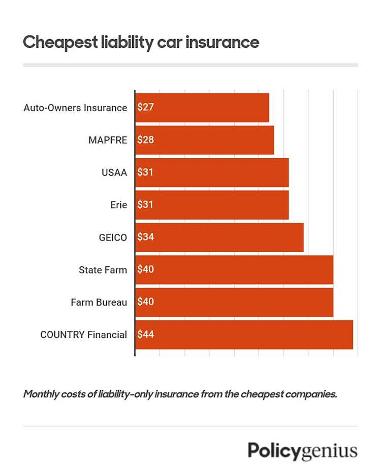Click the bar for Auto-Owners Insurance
click(x=202, y=108)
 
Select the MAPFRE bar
click(x=205, y=140)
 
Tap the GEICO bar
click(x=219, y=237)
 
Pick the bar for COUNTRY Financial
click(x=244, y=334)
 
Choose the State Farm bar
click(x=234, y=270)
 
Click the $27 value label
click(x=145, y=108)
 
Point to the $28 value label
click(x=145, y=140)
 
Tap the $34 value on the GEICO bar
click(x=145, y=237)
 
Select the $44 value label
click(x=145, y=334)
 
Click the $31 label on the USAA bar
click(x=145, y=173)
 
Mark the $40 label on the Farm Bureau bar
click(x=145, y=302)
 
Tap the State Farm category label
click(x=103, y=270)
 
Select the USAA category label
click(x=114, y=173)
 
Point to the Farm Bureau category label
click(x=99, y=302)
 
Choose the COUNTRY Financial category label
click(x=83, y=335)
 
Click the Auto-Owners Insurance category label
click(x=75, y=108)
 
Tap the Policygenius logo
click(x=302, y=450)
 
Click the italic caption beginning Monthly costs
click(x=180, y=394)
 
